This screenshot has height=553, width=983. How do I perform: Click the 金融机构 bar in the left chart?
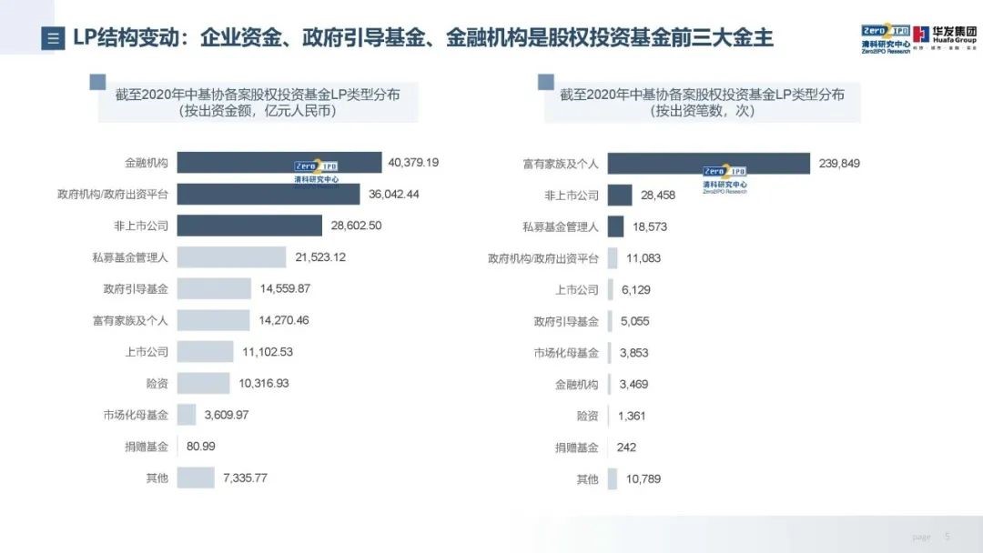[x=279, y=163]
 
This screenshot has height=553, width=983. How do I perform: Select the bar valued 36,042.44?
[x=269, y=195]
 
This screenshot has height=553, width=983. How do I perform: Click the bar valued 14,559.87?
[x=214, y=288]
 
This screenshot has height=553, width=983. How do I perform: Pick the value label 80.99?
[x=200, y=447]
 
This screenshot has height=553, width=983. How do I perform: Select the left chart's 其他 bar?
[x=195, y=478]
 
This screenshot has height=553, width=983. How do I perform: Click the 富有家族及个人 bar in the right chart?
[x=708, y=164]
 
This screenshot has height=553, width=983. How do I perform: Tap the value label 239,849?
[x=838, y=164]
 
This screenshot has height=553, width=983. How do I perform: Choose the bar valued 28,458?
[x=620, y=195]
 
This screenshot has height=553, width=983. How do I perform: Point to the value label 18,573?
[x=651, y=226]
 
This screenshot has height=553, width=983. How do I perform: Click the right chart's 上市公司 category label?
[x=577, y=289]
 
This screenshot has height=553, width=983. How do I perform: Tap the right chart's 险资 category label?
[x=587, y=416]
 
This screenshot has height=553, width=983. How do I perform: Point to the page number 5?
[x=947, y=537]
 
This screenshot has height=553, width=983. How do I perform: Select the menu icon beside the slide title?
[x=53, y=39]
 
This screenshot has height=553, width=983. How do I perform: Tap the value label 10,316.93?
[x=264, y=383]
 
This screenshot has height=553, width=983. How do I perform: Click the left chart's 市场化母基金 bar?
[x=187, y=415]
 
